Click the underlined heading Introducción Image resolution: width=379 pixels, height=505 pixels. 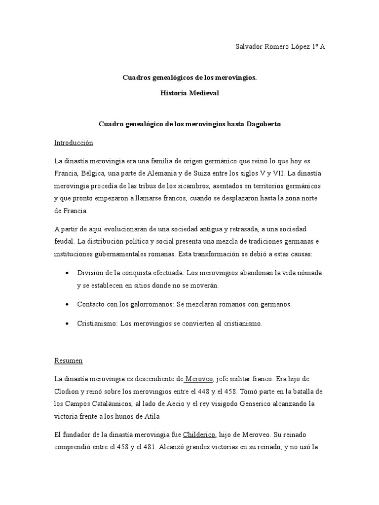click(74, 143)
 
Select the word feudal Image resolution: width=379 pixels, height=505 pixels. click(64, 242)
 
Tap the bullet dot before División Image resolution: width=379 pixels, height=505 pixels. click(67, 273)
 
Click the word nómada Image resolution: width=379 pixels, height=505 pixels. click(310, 273)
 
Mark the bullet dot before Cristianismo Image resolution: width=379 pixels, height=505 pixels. click(67, 324)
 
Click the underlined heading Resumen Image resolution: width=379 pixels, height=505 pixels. click(69, 361)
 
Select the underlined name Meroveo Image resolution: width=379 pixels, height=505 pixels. click(199, 379)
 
